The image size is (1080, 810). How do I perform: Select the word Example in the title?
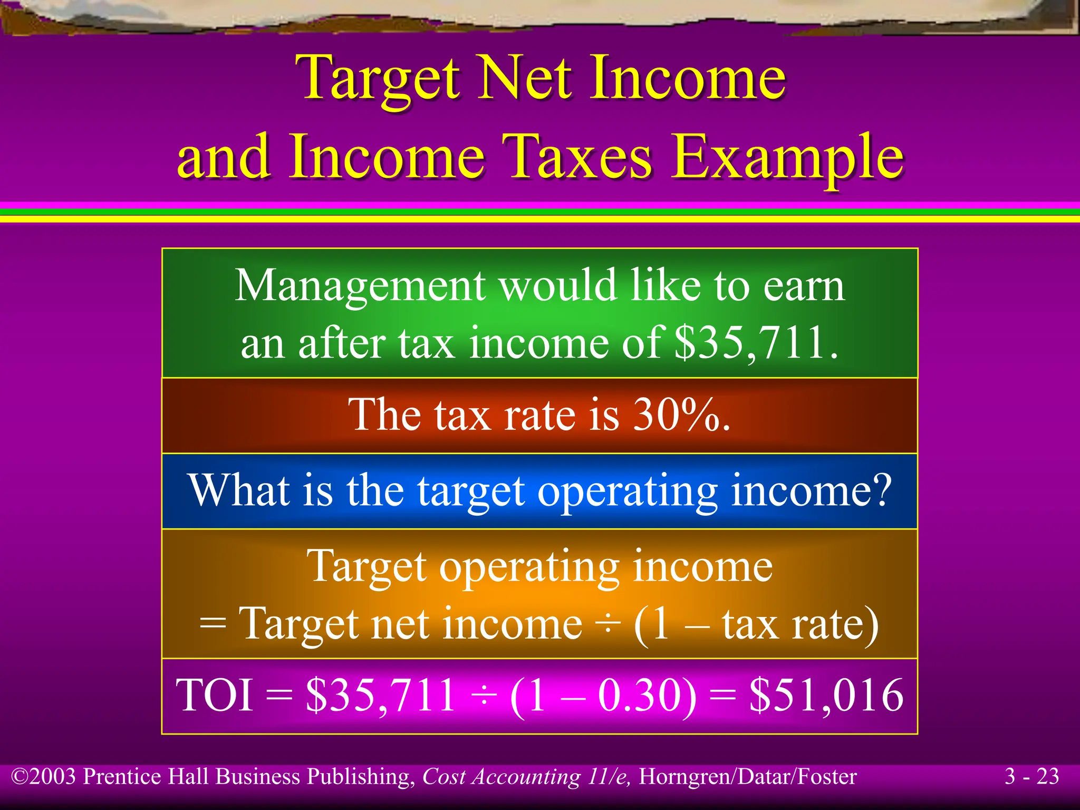tap(788, 157)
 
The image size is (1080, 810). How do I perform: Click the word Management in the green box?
tap(360, 286)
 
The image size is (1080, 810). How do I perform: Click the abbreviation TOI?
tap(215, 696)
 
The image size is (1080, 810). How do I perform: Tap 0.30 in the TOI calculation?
tap(637, 696)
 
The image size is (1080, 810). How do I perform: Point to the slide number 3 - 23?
tap(1031, 776)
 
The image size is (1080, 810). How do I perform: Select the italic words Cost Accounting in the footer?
tap(501, 777)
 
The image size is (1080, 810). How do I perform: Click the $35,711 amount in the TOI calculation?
tap(380, 696)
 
